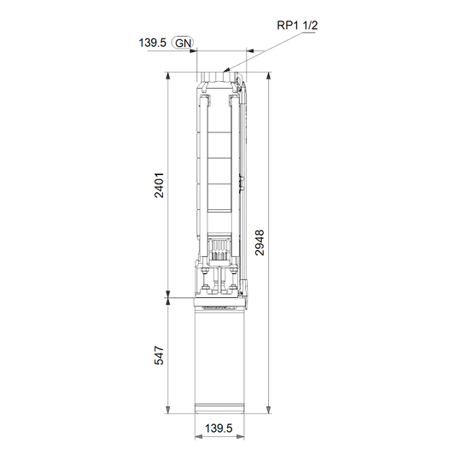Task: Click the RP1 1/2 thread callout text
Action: click(297, 26)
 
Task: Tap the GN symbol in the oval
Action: click(183, 43)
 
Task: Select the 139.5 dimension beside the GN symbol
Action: click(152, 43)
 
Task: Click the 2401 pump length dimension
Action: click(159, 185)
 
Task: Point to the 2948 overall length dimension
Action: click(260, 242)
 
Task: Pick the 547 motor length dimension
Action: click(159, 355)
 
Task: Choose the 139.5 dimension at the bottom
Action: click(219, 429)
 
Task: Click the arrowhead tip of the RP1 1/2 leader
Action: click(224, 72)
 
